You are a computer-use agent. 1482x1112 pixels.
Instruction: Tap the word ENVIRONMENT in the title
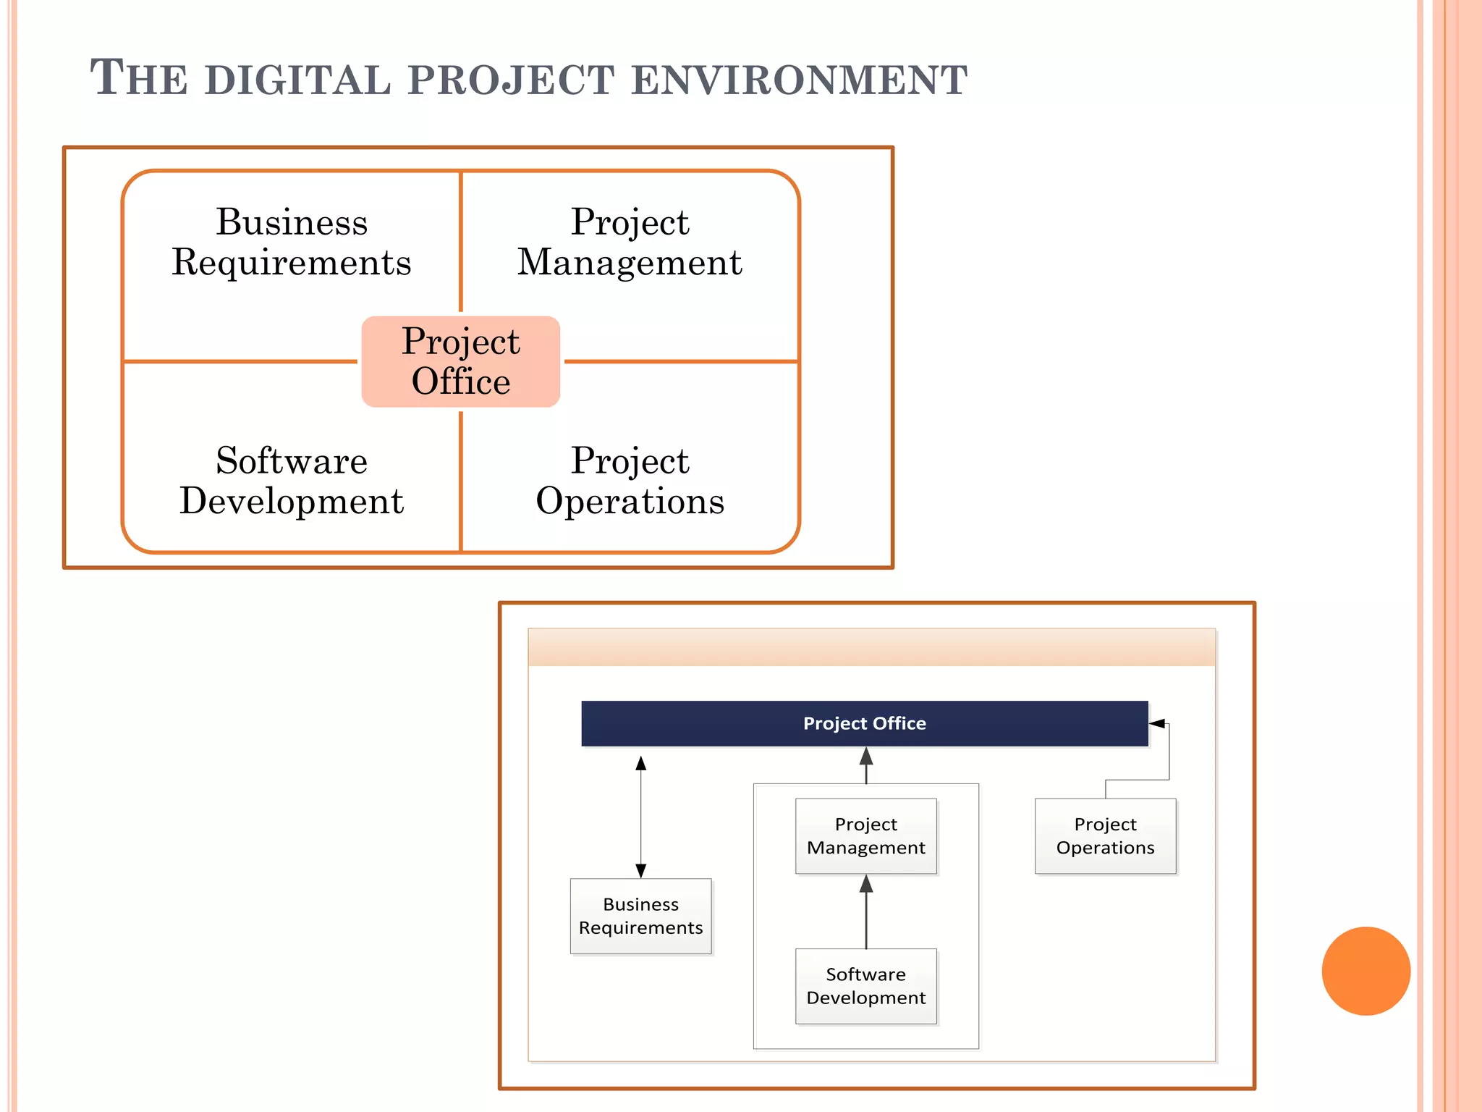[799, 80]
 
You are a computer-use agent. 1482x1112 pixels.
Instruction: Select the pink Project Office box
[461, 361]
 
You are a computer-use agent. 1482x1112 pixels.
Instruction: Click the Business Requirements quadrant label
[292, 242]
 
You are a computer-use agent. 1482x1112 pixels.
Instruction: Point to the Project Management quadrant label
[630, 242]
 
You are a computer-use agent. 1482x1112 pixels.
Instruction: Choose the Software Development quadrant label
[292, 481]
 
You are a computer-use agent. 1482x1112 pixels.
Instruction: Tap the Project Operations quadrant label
[630, 481]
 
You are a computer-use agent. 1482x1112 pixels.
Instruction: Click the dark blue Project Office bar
[864, 723]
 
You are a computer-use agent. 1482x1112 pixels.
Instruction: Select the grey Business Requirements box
[640, 916]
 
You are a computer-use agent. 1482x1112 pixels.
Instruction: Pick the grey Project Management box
[865, 836]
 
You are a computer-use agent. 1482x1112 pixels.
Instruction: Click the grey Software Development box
[865, 986]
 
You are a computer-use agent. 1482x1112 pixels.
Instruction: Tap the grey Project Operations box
[1105, 836]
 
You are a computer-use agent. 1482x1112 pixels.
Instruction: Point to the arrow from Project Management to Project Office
[866, 766]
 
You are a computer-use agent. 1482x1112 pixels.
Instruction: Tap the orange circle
[1365, 971]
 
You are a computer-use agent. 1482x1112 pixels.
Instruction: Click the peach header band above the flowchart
[871, 647]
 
